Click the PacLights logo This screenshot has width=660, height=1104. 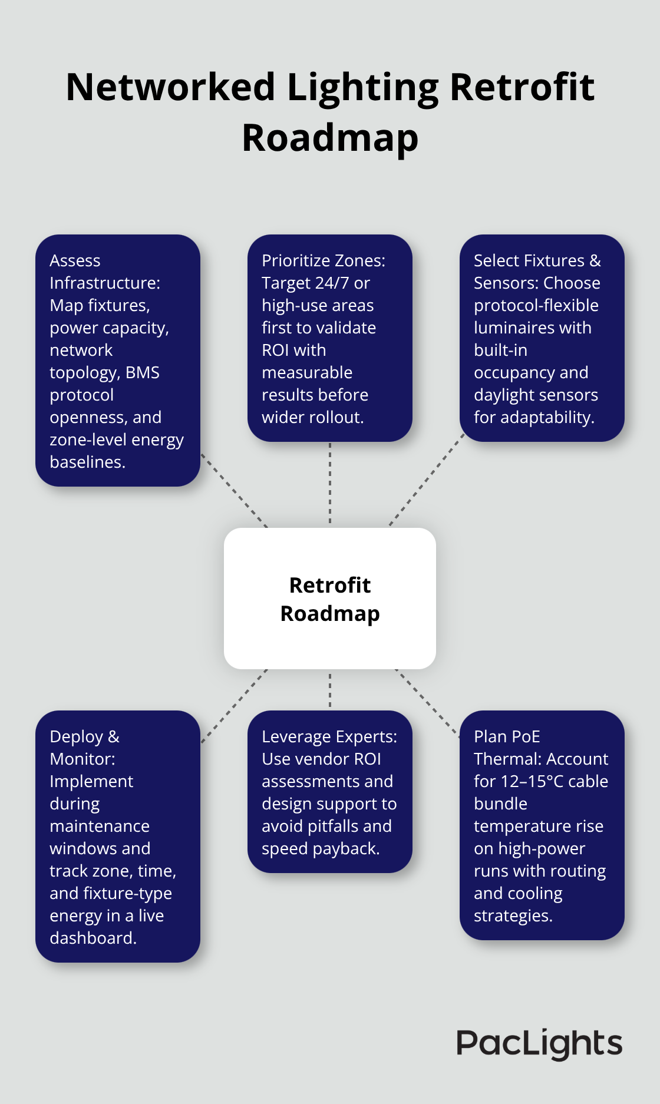(x=539, y=1044)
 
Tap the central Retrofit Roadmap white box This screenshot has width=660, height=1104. (x=330, y=599)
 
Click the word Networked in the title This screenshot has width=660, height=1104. (x=171, y=87)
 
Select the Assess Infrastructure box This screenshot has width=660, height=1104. (x=118, y=361)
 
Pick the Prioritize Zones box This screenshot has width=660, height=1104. (x=330, y=338)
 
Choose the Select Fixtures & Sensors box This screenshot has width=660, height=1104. (x=542, y=338)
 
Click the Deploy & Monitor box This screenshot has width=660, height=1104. (x=118, y=837)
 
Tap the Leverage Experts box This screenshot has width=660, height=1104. (x=330, y=792)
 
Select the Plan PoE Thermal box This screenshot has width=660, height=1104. (x=542, y=825)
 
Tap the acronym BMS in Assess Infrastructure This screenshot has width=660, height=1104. (x=143, y=373)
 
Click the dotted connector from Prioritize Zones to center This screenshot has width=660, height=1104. (x=330, y=483)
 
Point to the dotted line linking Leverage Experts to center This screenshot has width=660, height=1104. (x=330, y=690)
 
